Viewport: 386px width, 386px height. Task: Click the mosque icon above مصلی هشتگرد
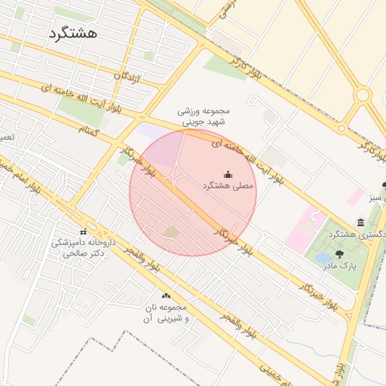pos(228,174)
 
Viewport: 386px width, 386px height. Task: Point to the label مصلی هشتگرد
pos(228,185)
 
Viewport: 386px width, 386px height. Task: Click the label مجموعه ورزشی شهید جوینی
pos(202,115)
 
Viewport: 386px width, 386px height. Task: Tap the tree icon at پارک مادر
pos(339,254)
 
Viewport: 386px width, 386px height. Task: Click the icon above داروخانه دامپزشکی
pos(83,231)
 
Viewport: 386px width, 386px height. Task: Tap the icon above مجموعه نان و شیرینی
pos(166,296)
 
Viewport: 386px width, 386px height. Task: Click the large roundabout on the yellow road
pos(363,95)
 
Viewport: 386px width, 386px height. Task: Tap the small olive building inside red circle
pos(171,231)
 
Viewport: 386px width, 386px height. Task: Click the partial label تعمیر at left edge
pos(6,137)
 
